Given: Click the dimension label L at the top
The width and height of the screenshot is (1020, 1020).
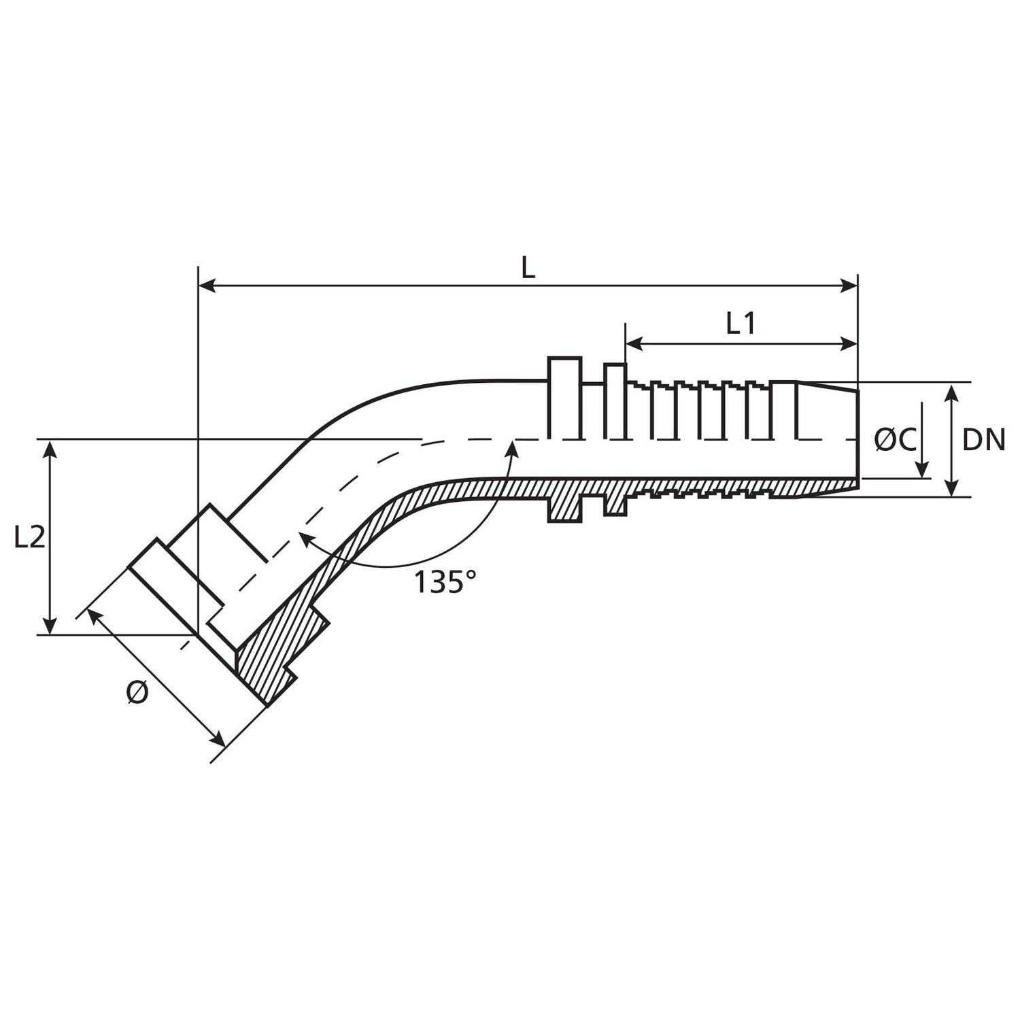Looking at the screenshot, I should point(528,269).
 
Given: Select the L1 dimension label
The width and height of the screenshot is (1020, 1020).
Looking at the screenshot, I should point(741,325).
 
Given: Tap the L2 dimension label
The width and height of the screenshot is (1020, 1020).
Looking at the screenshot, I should point(29,538).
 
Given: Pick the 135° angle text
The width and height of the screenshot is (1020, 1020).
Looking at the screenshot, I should point(445,582).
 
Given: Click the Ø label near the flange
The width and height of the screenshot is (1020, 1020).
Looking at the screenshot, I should point(137,693).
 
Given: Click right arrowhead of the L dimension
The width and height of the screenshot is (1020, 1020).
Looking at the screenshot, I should point(850,286).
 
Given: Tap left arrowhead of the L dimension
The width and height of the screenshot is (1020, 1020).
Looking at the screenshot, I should point(205,286).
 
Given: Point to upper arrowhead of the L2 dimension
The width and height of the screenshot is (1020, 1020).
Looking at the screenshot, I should point(50,448).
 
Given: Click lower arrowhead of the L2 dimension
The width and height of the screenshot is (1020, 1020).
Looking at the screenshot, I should point(50,626).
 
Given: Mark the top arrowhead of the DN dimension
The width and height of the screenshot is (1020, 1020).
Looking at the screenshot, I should point(952,392).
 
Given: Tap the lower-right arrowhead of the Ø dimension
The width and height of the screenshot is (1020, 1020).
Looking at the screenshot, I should point(218,739).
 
